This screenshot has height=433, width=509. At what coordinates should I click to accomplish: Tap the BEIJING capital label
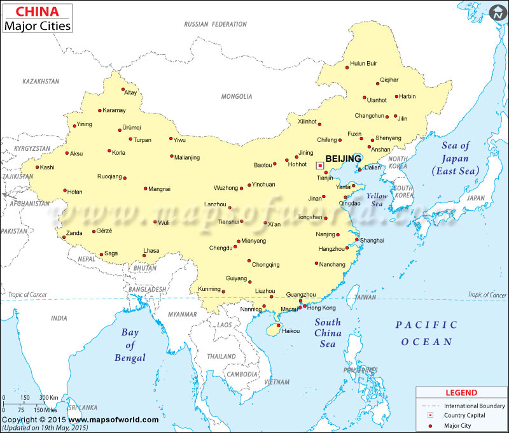[x=343, y=159]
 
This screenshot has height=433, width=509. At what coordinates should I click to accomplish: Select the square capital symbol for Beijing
[x=319, y=165]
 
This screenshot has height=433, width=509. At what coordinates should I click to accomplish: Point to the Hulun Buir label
[x=363, y=64]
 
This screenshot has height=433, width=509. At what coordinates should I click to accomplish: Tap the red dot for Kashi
[x=37, y=167]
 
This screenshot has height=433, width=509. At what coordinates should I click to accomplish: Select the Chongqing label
[x=265, y=265]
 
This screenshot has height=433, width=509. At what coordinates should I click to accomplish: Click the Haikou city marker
[x=278, y=325]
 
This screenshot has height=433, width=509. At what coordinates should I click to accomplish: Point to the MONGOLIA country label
[x=237, y=97]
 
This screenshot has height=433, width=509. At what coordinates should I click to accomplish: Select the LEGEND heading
[x=461, y=392]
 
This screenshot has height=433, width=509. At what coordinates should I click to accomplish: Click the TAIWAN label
[x=365, y=297]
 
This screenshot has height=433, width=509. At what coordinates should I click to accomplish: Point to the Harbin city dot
[x=396, y=97]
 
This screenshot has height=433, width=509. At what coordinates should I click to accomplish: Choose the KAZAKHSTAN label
[x=41, y=82]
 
